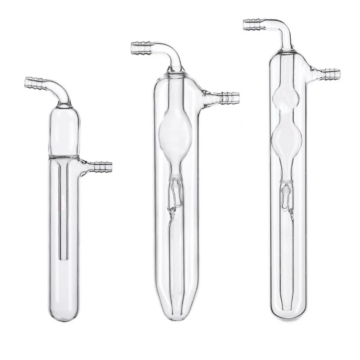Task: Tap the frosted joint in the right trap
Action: [287, 182]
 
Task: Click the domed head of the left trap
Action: [63, 130]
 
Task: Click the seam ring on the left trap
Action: [64, 156]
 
